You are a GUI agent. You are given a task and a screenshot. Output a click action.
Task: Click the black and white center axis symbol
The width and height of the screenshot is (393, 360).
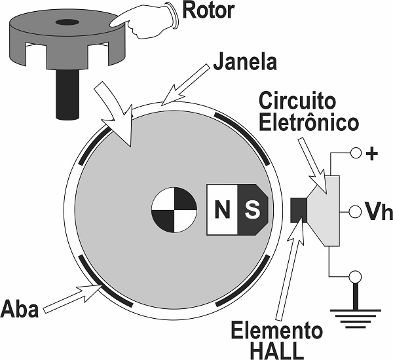pos(173,211)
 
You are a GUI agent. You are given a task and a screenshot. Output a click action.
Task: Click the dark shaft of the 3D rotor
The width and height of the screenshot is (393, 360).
pos(67,96)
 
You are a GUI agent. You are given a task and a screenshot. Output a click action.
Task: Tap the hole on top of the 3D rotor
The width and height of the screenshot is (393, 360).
pos(65,23)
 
